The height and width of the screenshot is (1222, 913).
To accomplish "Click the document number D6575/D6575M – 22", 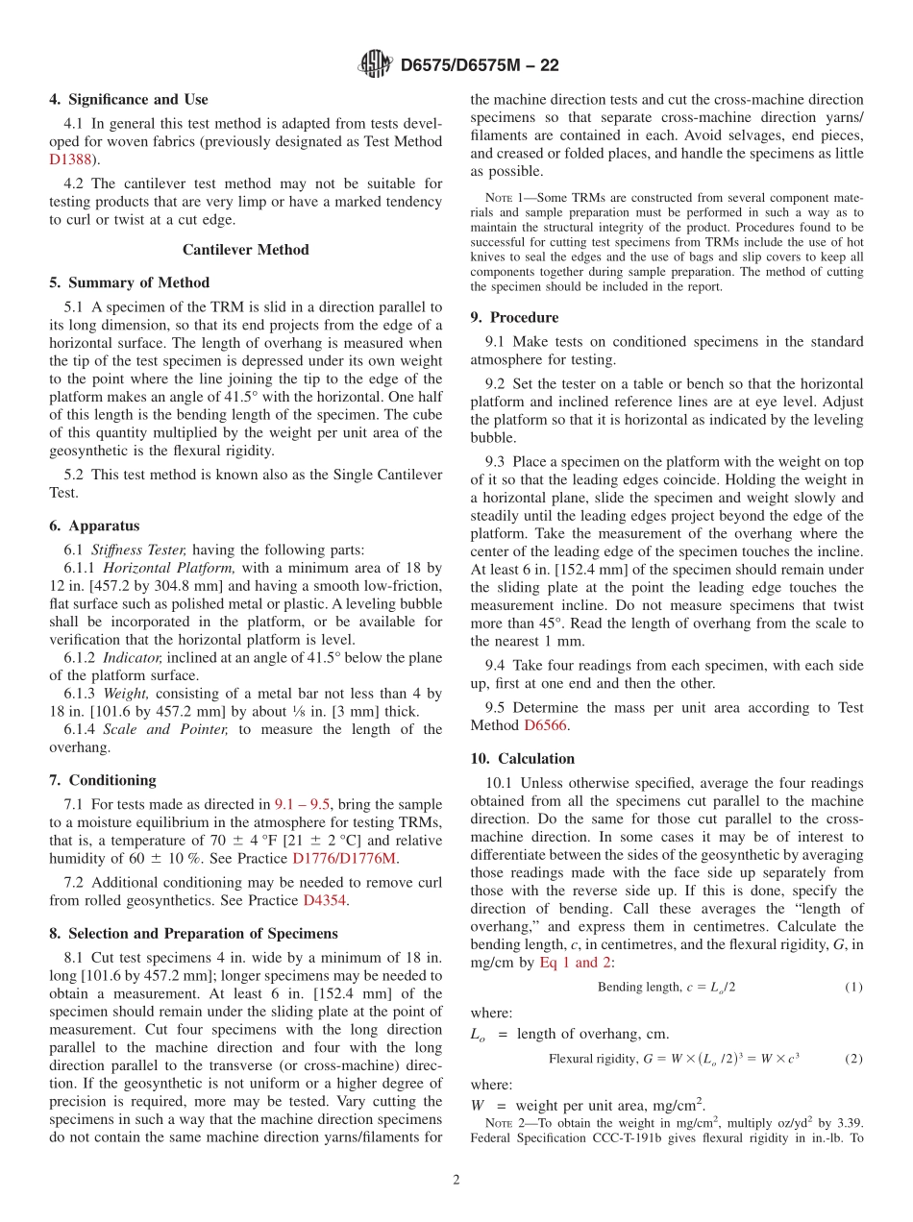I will pyautogui.click(x=479, y=65).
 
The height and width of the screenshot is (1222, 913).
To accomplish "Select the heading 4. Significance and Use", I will pyautogui.click(x=129, y=99).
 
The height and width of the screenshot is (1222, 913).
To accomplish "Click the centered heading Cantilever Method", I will pyautogui.click(x=246, y=250).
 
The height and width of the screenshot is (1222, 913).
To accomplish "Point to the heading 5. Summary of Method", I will pyautogui.click(x=130, y=282).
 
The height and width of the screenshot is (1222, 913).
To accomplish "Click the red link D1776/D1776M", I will pyautogui.click(x=344, y=858).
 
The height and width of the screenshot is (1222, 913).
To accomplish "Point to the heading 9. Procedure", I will pyautogui.click(x=514, y=317).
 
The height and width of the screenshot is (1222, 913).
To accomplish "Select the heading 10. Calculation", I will pyautogui.click(x=523, y=758).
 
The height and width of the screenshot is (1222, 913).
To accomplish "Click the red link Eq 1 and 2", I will pyautogui.click(x=575, y=963).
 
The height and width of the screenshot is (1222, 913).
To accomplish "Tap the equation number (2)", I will pyautogui.click(x=853, y=1059).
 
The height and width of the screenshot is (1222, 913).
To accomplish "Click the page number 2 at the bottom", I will pyautogui.click(x=456, y=1181).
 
